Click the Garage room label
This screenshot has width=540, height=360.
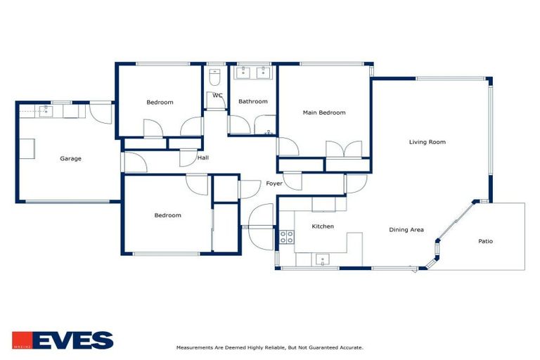(70, 159)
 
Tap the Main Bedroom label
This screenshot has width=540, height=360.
(324, 112)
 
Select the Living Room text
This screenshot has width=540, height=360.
(427, 142)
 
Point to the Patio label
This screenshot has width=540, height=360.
(485, 241)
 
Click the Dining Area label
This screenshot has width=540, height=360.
(406, 229)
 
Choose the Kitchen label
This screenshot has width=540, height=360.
(323, 226)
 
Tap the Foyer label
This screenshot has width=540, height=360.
(274, 184)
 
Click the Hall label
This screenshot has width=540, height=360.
(202, 157)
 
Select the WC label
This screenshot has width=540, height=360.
(217, 96)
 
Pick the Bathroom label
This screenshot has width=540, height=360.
(252, 101)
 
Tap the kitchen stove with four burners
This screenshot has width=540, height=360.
(287, 237)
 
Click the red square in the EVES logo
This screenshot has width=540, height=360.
(22, 340)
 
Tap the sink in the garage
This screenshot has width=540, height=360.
(47, 110)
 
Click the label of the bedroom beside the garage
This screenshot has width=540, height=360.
(160, 103)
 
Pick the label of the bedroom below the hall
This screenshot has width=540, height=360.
(167, 215)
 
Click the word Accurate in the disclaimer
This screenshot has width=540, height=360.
(350, 347)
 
